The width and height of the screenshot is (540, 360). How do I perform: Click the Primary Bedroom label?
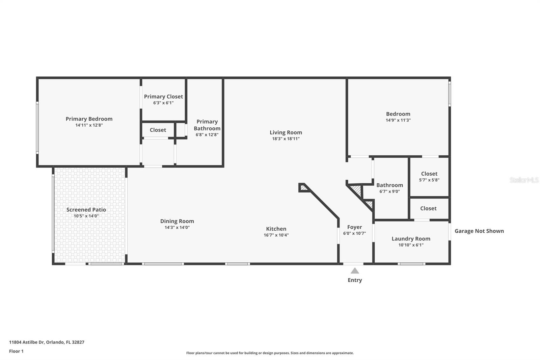click(89, 119)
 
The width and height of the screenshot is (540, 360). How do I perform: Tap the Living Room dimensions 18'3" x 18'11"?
click(286, 139)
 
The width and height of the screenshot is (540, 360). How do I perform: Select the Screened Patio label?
click(86, 210)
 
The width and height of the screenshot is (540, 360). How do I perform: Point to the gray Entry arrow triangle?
click(355, 271)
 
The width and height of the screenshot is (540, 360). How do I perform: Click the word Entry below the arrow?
click(355, 280)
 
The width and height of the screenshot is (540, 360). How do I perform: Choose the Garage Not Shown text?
click(479, 231)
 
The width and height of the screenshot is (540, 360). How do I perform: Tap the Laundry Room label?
click(411, 239)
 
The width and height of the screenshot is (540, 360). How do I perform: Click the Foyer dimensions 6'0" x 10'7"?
click(354, 233)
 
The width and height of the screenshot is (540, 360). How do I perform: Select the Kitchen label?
click(276, 229)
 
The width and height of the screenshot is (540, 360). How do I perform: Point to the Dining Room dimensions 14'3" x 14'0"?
click(177, 228)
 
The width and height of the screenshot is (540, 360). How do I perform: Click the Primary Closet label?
click(163, 97)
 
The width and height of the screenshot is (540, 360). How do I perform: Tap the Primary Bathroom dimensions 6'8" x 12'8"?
click(207, 135)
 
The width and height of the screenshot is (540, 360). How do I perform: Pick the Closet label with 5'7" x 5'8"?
click(429, 174)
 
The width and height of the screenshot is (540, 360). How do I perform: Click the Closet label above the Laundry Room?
click(428, 208)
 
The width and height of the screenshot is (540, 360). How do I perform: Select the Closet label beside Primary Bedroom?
click(158, 130)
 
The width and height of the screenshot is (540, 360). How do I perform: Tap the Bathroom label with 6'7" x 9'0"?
click(389, 185)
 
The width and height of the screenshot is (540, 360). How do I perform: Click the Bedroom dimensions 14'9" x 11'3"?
click(398, 120)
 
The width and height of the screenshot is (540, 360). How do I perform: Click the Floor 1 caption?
click(17, 351)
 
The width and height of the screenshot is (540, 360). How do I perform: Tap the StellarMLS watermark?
click(524, 180)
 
